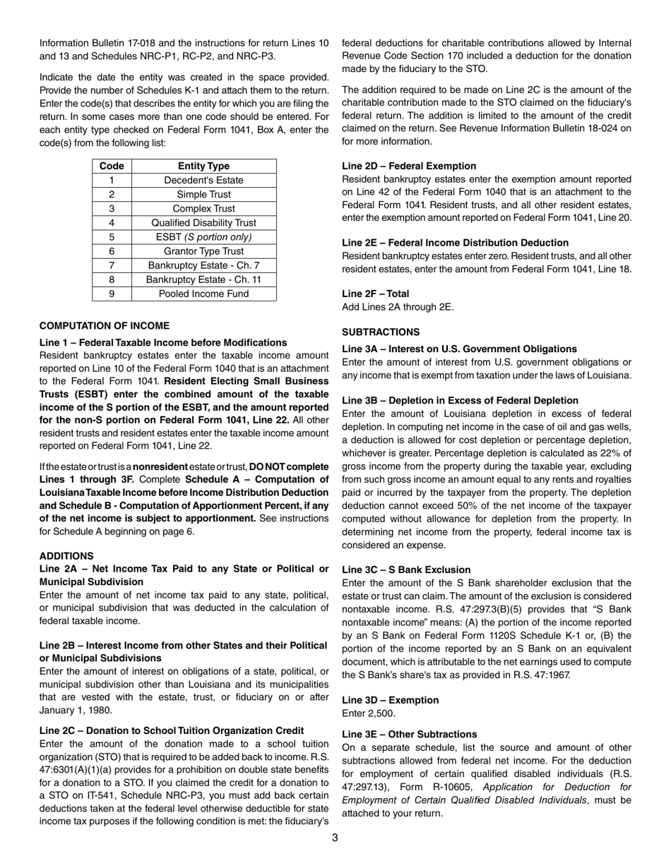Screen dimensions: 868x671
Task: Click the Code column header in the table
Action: pyautogui.click(x=112, y=166)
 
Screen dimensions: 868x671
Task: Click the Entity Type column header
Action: pyautogui.click(x=203, y=166)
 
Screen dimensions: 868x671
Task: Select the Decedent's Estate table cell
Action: pyautogui.click(x=203, y=180)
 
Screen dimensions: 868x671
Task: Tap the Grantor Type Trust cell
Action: pyautogui.click(x=203, y=251)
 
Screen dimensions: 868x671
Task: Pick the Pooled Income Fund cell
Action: pyautogui.click(x=203, y=294)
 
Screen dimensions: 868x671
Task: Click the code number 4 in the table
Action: pyautogui.click(x=112, y=222)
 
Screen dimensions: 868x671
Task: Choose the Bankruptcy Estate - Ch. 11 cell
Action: pyautogui.click(x=203, y=279)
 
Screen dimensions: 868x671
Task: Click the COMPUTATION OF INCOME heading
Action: pyautogui.click(x=105, y=325)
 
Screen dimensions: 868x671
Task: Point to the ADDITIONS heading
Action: pyautogui.click(x=66, y=556)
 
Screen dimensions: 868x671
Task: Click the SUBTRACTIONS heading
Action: pyautogui.click(x=381, y=332)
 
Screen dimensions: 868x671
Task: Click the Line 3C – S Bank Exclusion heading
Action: pyautogui.click(x=406, y=569)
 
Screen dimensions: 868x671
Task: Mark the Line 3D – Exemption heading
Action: pyautogui.click(x=390, y=700)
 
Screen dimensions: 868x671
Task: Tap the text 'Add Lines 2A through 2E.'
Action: pyautogui.click(x=398, y=307)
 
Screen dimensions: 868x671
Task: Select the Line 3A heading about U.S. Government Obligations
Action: pyautogui.click(x=459, y=349)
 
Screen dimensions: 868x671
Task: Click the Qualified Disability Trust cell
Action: pyautogui.click(x=203, y=222)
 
